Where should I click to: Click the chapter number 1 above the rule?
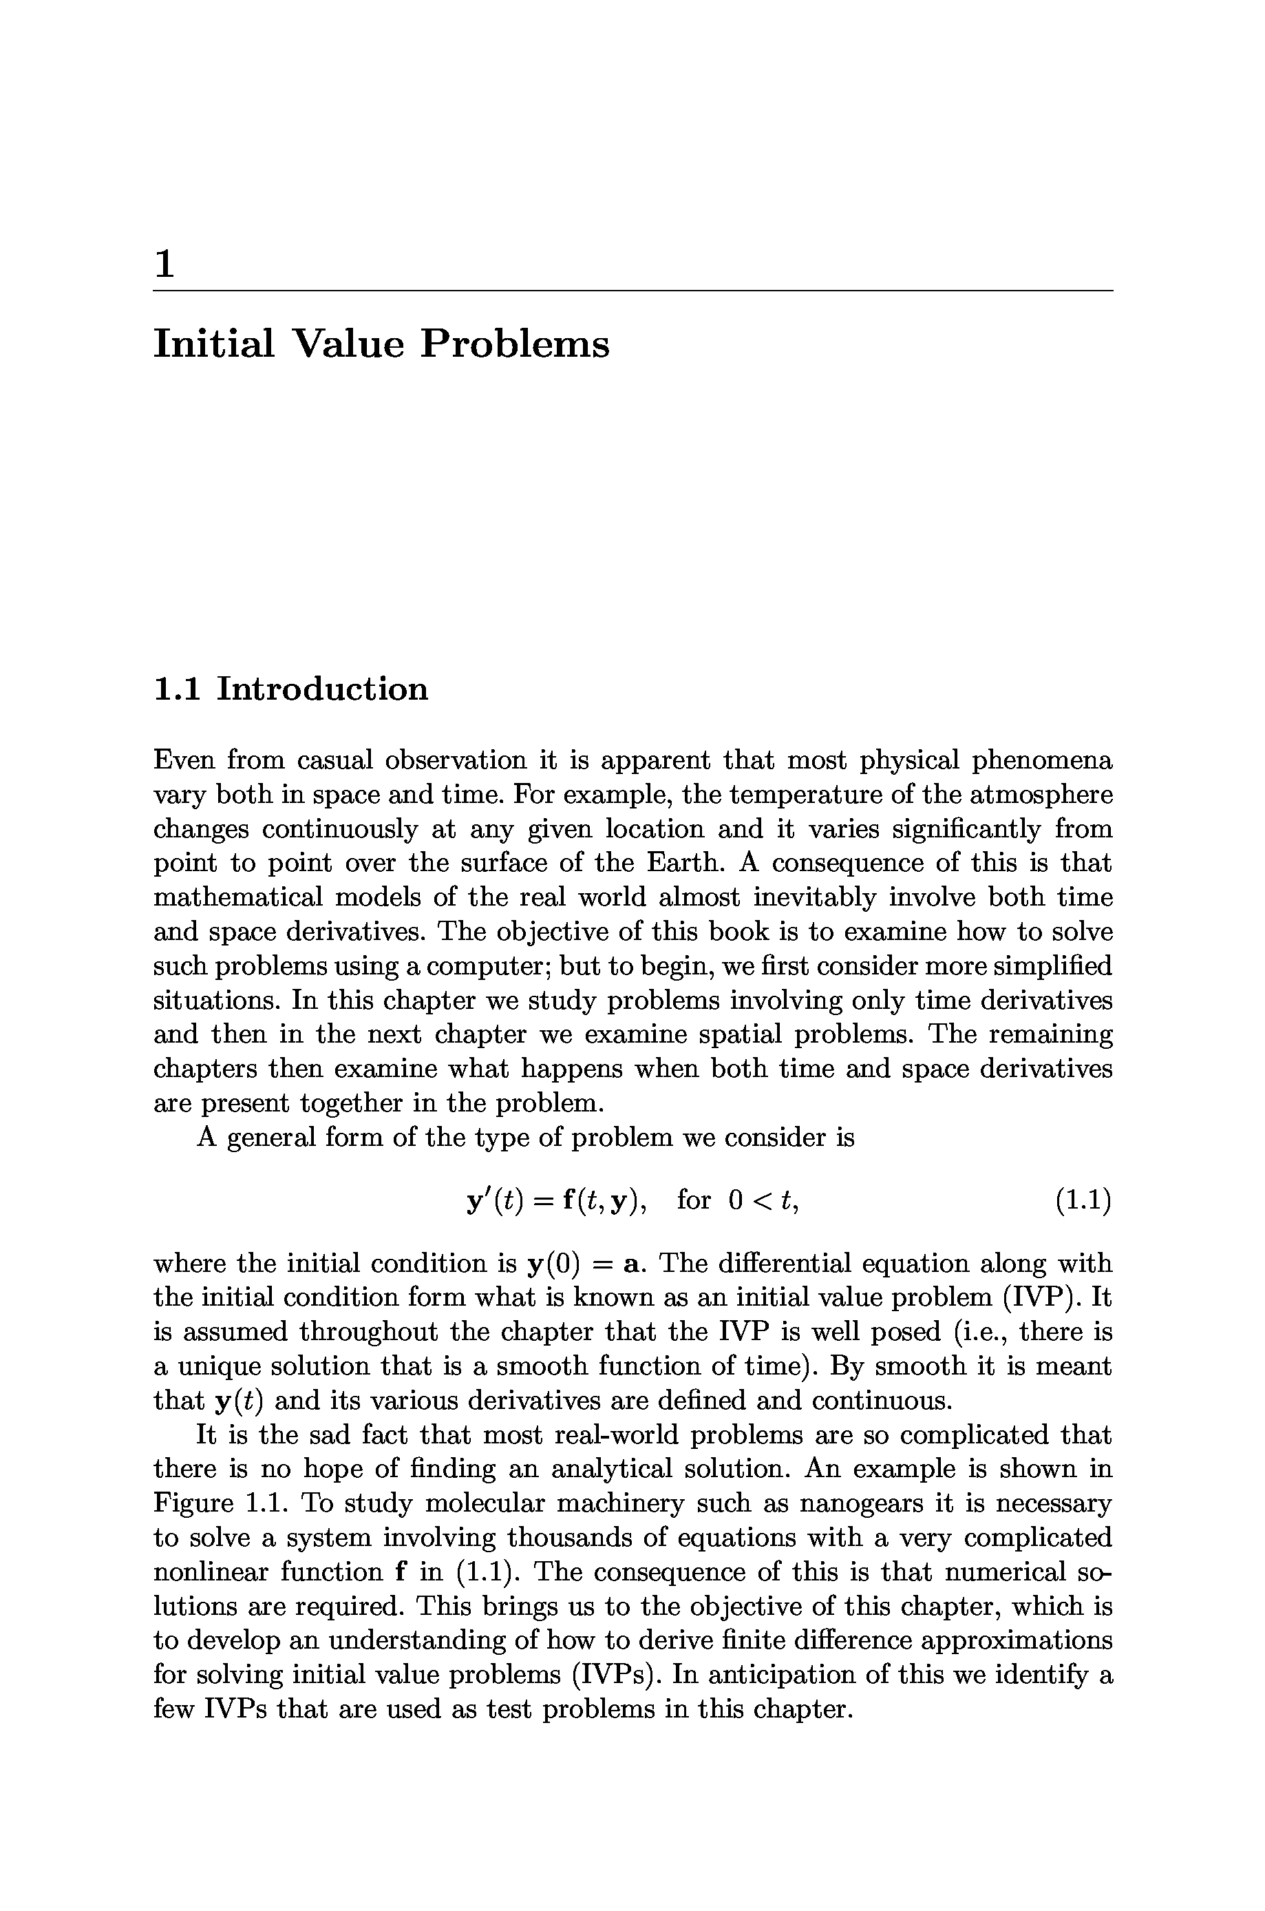coord(164,264)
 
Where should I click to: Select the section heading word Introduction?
coord(323,689)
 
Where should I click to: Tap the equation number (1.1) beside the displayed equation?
coord(1083,1201)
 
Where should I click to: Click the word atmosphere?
coord(1041,795)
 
